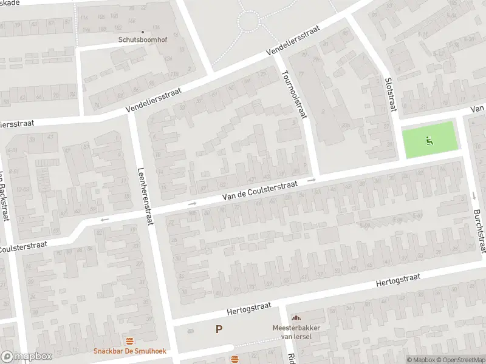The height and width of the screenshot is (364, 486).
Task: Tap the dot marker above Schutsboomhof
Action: (x=143, y=32)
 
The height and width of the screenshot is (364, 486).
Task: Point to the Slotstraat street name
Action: (x=391, y=94)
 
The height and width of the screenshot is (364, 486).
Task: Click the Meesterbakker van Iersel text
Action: (x=296, y=332)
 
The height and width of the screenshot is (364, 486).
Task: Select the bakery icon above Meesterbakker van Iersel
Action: (x=296, y=318)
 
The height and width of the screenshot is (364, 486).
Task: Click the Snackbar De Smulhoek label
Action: (x=129, y=351)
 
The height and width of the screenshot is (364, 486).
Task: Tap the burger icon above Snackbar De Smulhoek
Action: (x=129, y=341)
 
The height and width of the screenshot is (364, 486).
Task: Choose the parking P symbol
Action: (x=219, y=329)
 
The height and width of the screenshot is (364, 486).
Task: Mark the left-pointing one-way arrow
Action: (x=104, y=220)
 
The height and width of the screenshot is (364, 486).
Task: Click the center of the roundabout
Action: (x=249, y=23)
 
